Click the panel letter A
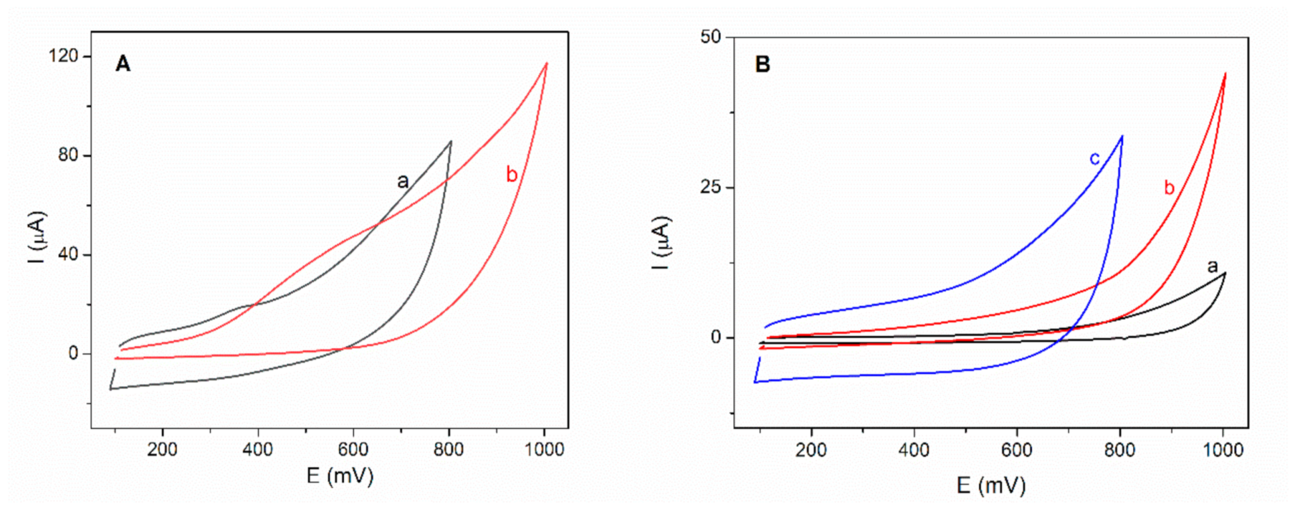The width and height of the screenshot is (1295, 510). coord(123,64)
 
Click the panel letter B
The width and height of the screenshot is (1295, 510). coord(763,64)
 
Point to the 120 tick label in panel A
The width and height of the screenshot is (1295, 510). coord(64,56)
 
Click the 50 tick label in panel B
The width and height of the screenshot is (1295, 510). coord(711,37)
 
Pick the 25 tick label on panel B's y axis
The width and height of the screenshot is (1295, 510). coord(711,187)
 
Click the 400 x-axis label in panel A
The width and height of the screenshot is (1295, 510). coord(257,450)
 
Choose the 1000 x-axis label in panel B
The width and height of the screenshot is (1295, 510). coord(1222,450)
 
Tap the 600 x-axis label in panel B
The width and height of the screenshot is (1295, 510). coord(1017,450)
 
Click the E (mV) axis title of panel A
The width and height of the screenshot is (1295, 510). coord(340,476)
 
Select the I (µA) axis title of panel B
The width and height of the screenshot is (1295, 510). coord(661,243)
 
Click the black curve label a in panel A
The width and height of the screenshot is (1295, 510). coord(402,182)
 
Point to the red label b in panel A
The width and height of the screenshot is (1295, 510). coord(512,174)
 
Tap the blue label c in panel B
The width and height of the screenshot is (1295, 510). coord(1095,158)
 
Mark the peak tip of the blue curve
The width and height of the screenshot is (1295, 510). coord(1122,136)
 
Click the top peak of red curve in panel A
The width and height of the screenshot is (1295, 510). coord(546,63)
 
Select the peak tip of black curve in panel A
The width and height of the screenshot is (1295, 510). coord(451,142)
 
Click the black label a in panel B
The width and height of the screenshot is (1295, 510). coord(1212,266)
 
